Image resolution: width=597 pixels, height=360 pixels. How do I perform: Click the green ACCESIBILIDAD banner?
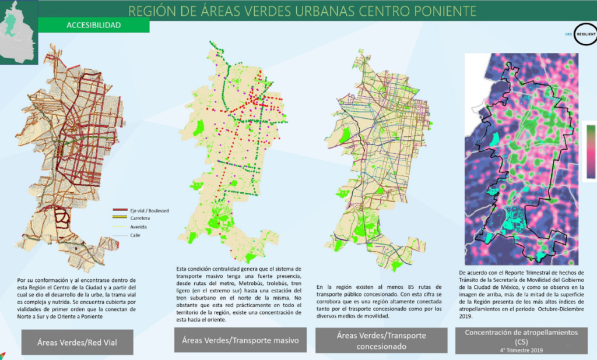[93, 25]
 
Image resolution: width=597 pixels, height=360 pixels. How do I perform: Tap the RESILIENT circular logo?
[584, 34]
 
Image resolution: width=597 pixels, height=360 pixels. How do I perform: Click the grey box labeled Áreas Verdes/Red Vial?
[77, 342]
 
